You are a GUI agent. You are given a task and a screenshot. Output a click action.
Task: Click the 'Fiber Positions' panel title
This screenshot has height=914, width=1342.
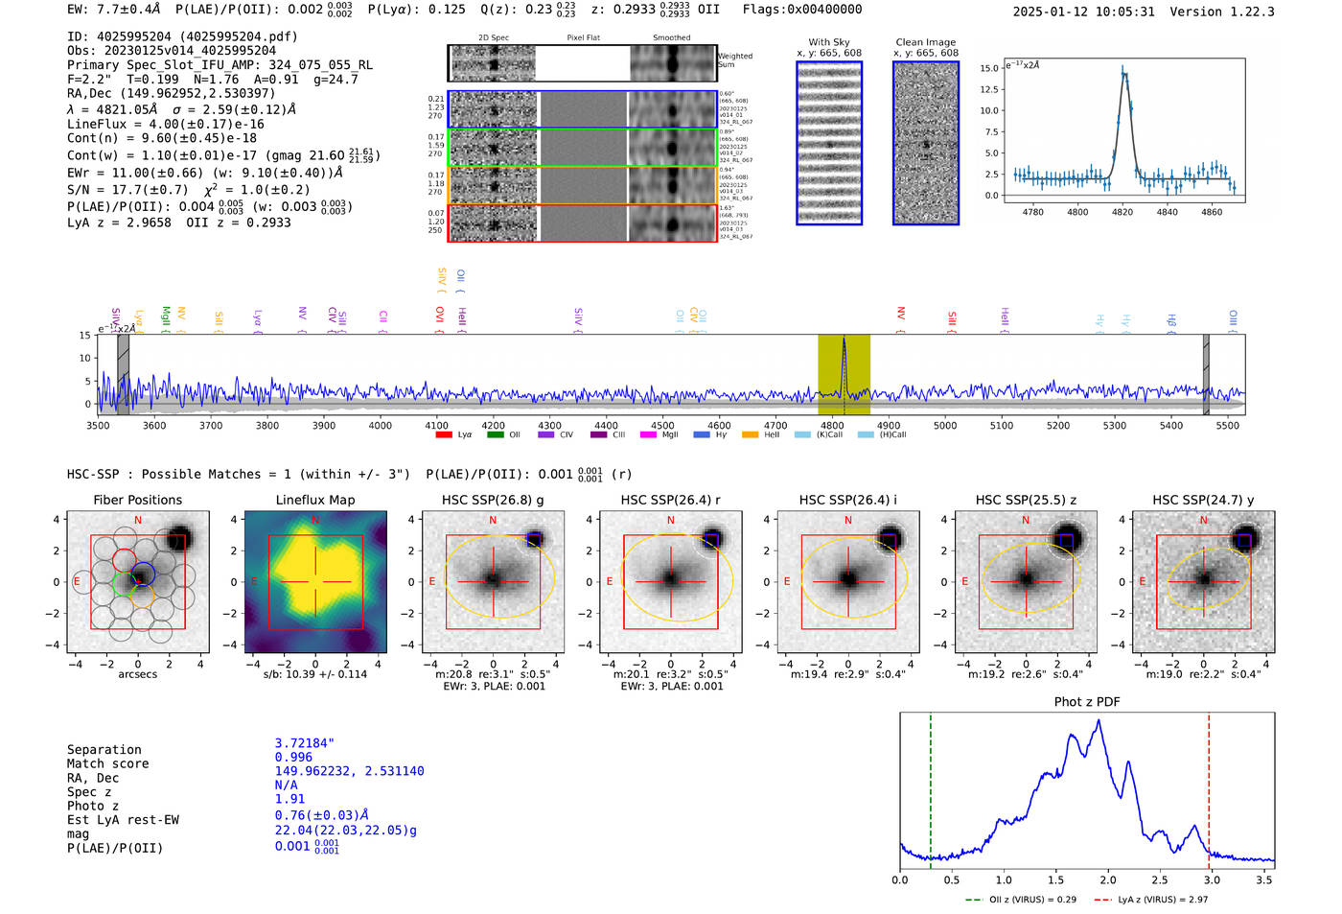[137, 500]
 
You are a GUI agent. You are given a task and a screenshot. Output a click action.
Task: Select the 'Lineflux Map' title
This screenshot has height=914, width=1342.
[314, 500]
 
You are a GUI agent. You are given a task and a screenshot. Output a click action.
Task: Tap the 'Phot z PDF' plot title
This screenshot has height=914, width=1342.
[1086, 702]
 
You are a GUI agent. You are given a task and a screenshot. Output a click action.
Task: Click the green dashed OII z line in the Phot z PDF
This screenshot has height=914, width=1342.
[931, 786]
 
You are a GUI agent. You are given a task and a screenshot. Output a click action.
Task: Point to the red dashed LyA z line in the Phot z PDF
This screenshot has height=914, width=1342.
[1209, 786]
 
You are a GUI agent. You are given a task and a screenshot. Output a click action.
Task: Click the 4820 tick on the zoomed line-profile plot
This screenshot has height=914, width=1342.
[1122, 212]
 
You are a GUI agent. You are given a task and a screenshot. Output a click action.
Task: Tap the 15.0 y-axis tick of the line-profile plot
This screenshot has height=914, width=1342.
[988, 68]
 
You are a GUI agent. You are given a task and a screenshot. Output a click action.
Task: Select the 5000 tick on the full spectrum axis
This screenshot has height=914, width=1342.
[945, 425]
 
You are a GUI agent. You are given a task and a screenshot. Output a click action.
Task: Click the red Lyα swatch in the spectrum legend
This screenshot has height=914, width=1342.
[444, 435]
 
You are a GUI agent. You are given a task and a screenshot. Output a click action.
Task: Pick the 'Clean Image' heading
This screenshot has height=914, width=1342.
[925, 42]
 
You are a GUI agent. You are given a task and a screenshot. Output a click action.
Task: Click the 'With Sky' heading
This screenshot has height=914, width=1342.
[828, 42]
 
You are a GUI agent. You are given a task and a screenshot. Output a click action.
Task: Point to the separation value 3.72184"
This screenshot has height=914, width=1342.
[304, 743]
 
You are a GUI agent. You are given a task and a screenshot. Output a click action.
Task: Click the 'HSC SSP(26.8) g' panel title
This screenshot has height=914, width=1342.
[493, 500]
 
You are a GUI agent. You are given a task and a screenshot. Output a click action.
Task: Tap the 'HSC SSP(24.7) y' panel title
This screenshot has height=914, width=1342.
[1203, 500]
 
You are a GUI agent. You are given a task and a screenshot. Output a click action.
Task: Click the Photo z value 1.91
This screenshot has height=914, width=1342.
[289, 799]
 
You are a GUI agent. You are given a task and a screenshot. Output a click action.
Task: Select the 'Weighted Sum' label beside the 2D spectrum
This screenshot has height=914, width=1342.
[734, 60]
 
